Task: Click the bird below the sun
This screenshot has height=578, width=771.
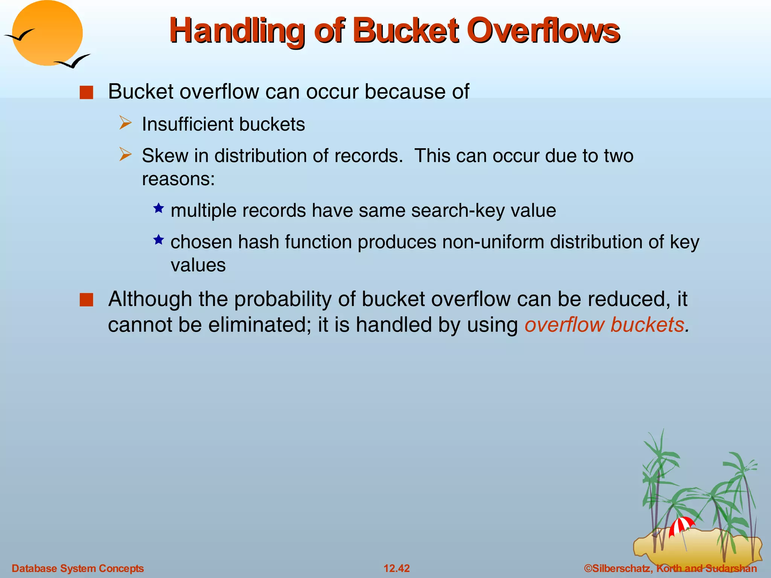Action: [x=73, y=61]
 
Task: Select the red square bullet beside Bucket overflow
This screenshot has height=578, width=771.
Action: [x=86, y=93]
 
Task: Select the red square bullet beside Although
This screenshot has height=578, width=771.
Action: [x=86, y=300]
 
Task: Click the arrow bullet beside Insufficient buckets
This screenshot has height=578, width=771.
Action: [x=125, y=123]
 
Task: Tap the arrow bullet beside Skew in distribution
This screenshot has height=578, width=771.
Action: [x=125, y=155]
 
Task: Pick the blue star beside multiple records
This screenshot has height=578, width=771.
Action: [x=158, y=208]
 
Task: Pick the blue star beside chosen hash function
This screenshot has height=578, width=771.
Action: [x=158, y=240]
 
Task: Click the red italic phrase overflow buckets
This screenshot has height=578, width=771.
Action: [x=605, y=325]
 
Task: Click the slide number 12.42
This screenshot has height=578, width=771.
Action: [x=396, y=568]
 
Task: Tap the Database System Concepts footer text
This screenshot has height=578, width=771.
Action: [x=78, y=568]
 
